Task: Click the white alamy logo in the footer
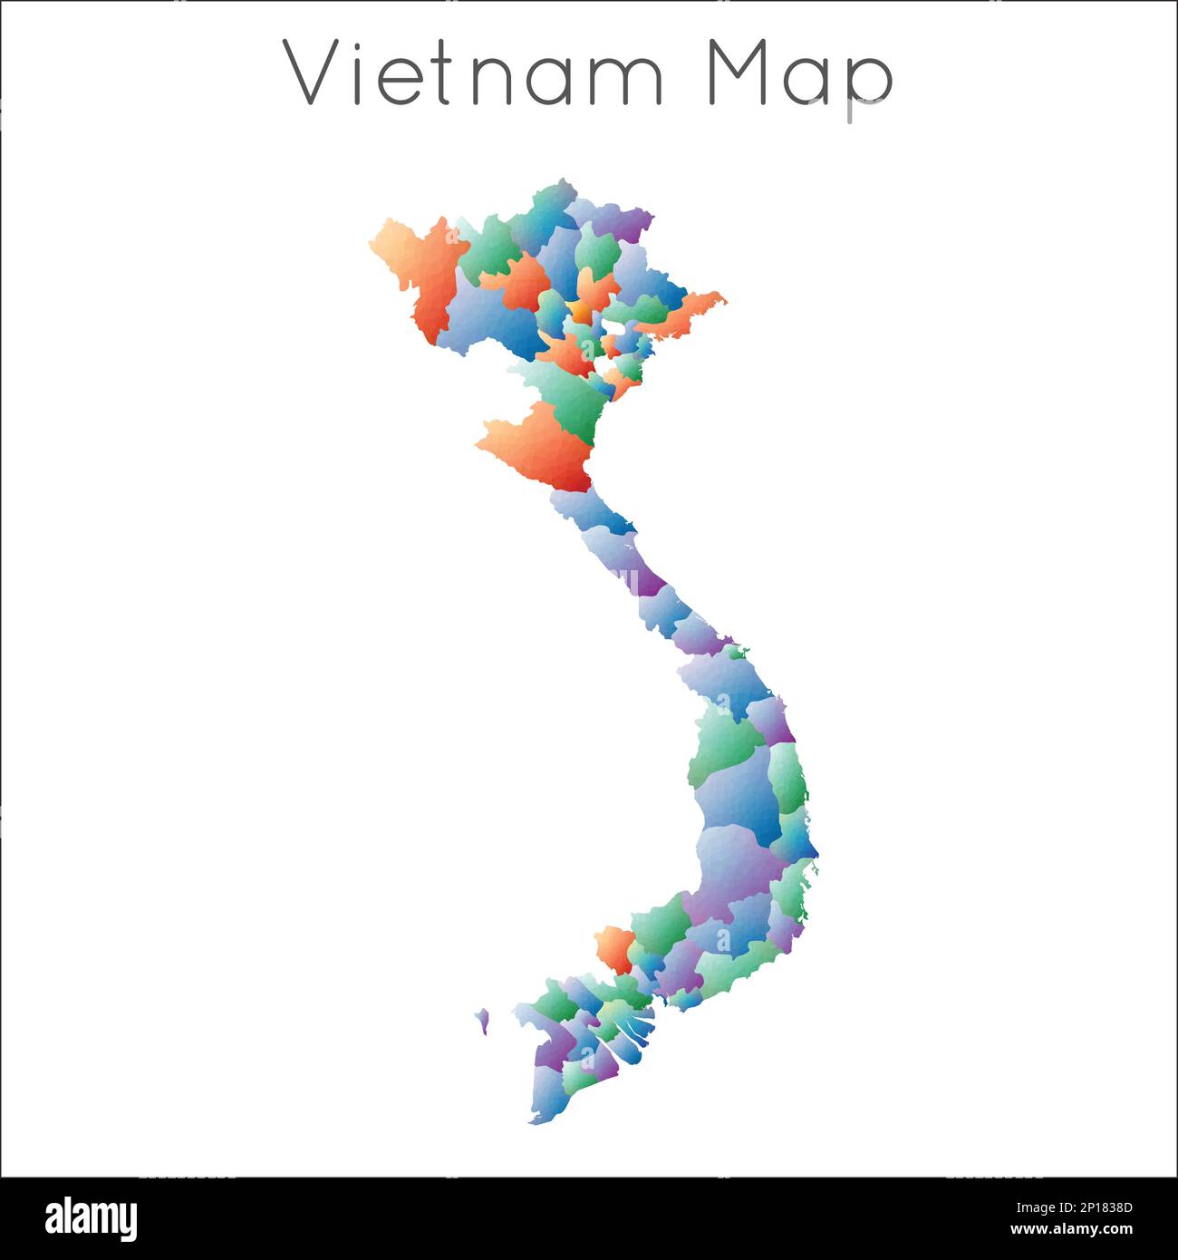[x=91, y=1218]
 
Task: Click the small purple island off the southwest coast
[x=483, y=1021]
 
